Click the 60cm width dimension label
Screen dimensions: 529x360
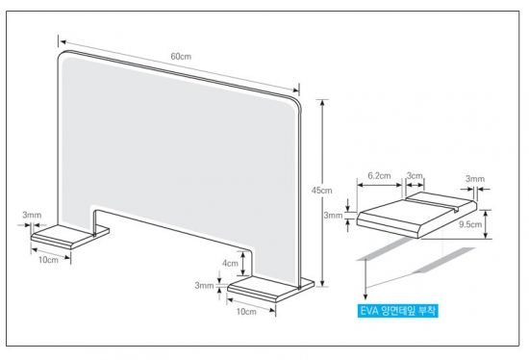181,57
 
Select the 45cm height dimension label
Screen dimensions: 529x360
321,191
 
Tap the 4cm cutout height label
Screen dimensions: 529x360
230,263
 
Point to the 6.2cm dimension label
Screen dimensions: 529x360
379,176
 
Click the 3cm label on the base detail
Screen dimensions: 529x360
415,175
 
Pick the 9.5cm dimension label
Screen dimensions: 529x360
470,224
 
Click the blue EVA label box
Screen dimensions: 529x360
398,311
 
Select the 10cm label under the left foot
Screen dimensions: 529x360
48,260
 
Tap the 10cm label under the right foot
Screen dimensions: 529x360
246,311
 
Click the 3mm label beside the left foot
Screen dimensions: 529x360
32,215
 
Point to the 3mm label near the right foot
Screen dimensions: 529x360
204,286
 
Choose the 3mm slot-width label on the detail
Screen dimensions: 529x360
475,179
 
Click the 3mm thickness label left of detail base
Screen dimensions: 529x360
333,215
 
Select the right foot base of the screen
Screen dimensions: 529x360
271,289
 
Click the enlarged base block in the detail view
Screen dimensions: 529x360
417,215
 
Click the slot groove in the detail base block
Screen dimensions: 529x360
431,204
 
